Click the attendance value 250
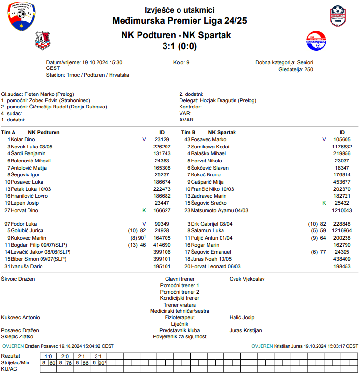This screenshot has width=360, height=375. point(308,70)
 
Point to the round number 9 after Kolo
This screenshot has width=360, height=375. point(188,62)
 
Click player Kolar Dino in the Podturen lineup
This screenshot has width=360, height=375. point(23,139)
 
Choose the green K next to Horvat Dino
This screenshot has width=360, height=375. point(144,211)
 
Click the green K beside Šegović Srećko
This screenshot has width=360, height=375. point(324,203)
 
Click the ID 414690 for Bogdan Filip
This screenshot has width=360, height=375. point(162,245)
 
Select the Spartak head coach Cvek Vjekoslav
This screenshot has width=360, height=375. point(247,279)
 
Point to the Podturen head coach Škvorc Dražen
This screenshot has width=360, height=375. point(18,279)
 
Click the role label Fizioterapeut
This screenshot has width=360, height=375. point(180,318)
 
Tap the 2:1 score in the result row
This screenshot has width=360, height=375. point(81,356)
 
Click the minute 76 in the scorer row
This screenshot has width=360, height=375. point(69,362)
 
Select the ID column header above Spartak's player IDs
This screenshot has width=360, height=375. point(342,132)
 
